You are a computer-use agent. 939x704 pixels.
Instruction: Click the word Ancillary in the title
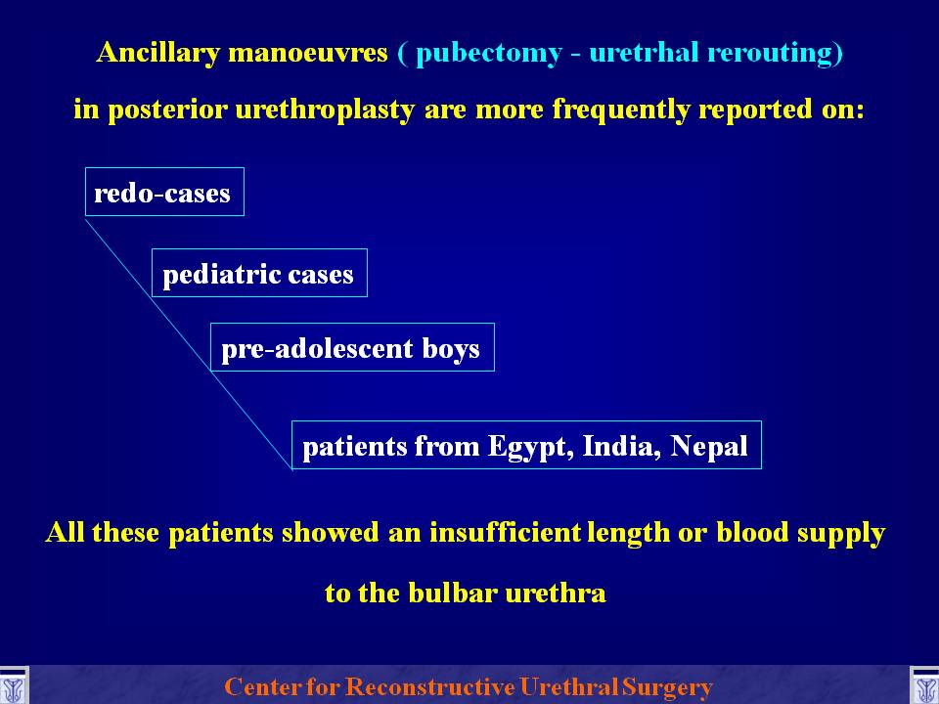(x=158, y=53)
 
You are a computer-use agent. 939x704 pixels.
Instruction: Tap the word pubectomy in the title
(x=489, y=54)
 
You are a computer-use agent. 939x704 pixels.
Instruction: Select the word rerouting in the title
(x=776, y=53)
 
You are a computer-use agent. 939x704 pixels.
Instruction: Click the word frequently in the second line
(x=621, y=110)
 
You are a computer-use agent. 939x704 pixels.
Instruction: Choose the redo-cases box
(x=164, y=192)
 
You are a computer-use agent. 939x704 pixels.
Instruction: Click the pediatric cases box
(x=259, y=273)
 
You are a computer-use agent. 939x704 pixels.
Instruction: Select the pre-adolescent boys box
(x=352, y=347)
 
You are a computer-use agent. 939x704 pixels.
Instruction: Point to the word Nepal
(x=709, y=447)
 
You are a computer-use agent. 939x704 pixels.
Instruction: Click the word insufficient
(x=505, y=532)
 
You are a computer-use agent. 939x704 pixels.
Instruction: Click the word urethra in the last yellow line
(x=556, y=594)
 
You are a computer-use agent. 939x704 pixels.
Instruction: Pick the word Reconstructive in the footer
(x=430, y=686)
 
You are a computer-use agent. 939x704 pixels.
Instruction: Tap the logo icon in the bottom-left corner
(x=14, y=686)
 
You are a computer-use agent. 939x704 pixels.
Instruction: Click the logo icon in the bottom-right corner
(x=924, y=686)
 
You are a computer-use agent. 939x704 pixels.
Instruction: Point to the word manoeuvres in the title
(x=308, y=53)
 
